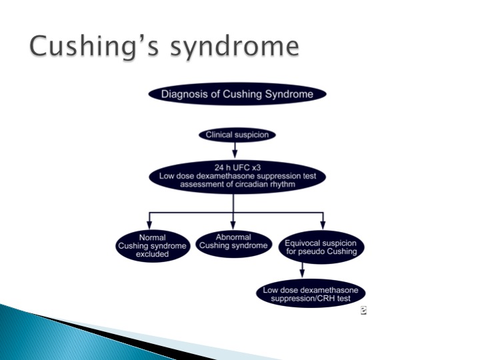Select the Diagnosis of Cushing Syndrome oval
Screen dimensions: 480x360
[x=237, y=94]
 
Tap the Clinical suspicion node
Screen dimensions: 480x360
[x=237, y=135]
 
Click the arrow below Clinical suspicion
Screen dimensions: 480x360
[x=235, y=150]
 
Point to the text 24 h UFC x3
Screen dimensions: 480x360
[x=237, y=167]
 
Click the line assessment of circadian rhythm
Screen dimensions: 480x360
[x=237, y=184]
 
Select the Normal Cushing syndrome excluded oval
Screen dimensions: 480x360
[x=153, y=246]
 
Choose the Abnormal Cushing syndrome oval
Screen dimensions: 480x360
[x=233, y=244]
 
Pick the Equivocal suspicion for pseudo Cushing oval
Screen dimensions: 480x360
[x=321, y=247]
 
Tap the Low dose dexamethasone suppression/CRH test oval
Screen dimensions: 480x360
[x=311, y=293]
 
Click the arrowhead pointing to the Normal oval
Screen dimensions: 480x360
[x=149, y=225]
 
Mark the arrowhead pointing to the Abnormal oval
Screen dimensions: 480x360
[x=233, y=225]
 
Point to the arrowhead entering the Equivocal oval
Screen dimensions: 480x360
[x=323, y=225]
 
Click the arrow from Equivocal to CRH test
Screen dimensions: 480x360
[x=302, y=270]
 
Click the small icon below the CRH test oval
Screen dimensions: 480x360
[x=363, y=311]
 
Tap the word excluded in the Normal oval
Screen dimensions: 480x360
[x=153, y=255]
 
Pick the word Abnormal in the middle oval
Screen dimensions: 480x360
[x=233, y=237]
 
